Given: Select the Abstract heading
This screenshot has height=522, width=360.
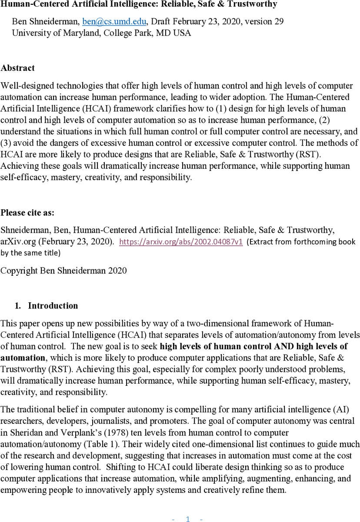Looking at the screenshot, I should coord(18,68).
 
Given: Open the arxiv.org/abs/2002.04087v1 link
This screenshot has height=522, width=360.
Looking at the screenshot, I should coord(181,241).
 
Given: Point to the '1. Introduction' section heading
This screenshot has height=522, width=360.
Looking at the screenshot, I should coord(47,306).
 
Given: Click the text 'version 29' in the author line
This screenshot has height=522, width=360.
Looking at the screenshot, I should coord(265,21).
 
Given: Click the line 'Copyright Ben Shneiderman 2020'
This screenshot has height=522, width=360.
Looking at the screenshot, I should coord(63,271).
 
